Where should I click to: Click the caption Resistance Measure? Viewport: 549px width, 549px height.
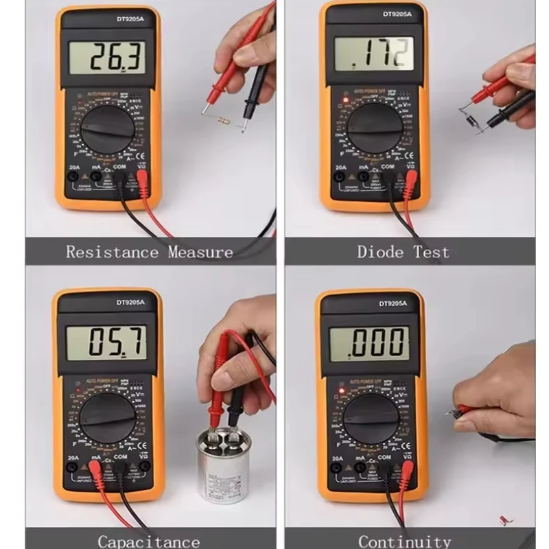tap(150, 252)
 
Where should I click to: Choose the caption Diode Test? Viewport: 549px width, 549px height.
tap(403, 252)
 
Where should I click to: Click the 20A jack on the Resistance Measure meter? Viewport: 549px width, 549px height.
tap(71, 176)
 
